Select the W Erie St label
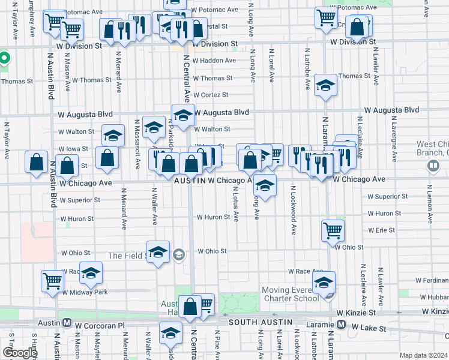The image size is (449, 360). (x=382, y=230)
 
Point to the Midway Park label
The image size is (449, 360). (x=87, y=292)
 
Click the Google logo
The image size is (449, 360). (x=20, y=353)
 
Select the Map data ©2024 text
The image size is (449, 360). (x=423, y=355)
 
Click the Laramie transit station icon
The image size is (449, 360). (x=341, y=325)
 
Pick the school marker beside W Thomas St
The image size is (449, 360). (x=325, y=86)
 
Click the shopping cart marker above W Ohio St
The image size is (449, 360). (x=332, y=229)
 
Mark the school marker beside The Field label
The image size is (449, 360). (x=158, y=252)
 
